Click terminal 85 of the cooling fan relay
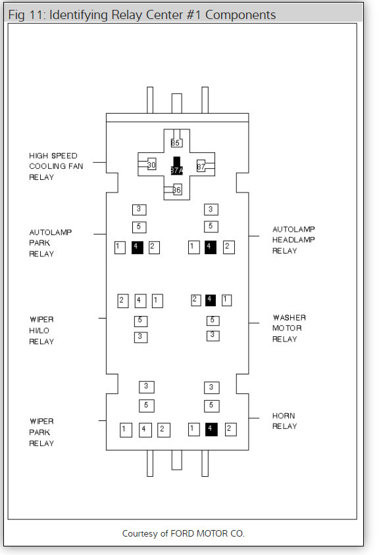[x=176, y=143]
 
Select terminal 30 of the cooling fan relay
[x=152, y=164]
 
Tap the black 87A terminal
[x=176, y=166]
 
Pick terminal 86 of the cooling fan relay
[x=177, y=190]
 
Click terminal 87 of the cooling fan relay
[x=201, y=166]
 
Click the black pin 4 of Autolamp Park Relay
[x=138, y=247]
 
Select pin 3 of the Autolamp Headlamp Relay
[x=211, y=210]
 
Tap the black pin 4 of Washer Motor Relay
[x=211, y=300]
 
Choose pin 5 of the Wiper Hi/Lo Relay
[x=141, y=321]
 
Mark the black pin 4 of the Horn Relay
[x=211, y=430]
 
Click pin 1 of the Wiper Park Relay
[x=126, y=430]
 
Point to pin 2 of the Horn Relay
[x=230, y=430]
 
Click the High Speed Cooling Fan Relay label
[x=56, y=166]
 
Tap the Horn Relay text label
[x=284, y=421]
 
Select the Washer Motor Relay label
[x=289, y=328]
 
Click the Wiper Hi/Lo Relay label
[x=41, y=330]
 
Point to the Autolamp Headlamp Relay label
[x=293, y=240]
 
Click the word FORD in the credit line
[x=182, y=533]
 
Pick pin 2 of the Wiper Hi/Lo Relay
[x=122, y=301]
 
